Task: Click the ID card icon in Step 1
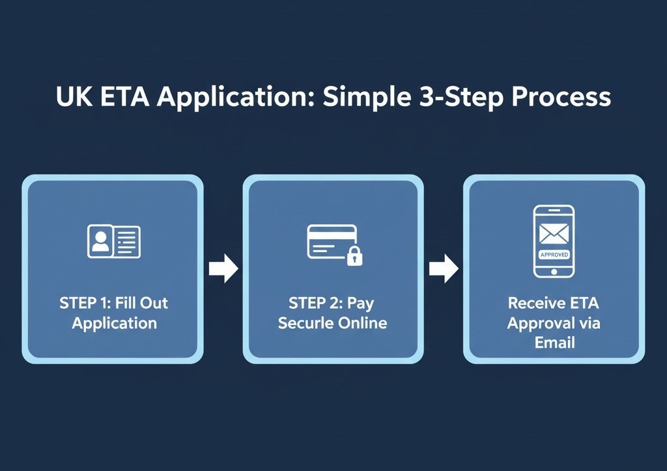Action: click(113, 240)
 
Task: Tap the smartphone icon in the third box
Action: click(554, 241)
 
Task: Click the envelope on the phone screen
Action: click(554, 233)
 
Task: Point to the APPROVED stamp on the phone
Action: click(554, 255)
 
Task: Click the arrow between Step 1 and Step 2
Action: click(223, 269)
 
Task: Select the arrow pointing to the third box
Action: click(444, 269)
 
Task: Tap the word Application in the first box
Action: click(115, 322)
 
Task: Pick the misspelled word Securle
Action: click(305, 322)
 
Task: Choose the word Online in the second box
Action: click(362, 322)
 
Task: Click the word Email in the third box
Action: click(554, 342)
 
